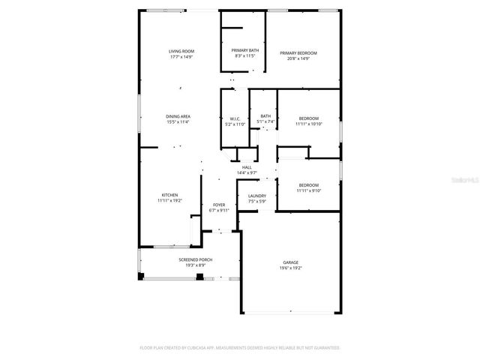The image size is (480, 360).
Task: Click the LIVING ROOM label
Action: point(181,51)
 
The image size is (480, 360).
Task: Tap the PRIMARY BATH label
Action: point(244,50)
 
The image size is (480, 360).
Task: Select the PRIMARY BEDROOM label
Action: point(298,52)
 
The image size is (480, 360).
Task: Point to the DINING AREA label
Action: point(178,116)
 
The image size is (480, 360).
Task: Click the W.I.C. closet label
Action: point(235,118)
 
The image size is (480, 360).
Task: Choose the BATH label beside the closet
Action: point(265,115)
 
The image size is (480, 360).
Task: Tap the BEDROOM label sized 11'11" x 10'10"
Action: point(309,118)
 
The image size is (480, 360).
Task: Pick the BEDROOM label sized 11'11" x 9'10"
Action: point(309,184)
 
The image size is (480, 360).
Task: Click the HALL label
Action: point(247,167)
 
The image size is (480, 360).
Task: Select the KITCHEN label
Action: point(169,195)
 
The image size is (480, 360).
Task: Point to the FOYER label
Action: point(219,205)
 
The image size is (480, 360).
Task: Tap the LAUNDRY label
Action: point(257,196)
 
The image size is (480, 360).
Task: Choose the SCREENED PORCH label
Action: point(195,259)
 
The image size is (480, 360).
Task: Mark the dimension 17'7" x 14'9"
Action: point(181,56)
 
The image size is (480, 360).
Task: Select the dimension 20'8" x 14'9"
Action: point(298,58)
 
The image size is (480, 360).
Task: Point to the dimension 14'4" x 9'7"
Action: point(247,172)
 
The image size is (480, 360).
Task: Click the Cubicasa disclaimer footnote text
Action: point(240,348)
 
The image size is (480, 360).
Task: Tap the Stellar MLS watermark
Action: point(465,180)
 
